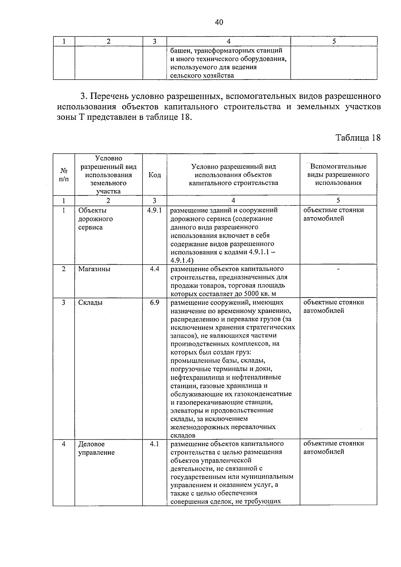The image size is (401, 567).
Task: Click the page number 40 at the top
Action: (x=219, y=22)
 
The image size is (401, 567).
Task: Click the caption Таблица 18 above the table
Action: (x=358, y=138)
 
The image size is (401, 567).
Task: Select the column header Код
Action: (x=154, y=175)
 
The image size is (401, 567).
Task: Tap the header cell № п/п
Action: (x=63, y=175)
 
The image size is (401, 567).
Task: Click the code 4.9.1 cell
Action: (x=154, y=210)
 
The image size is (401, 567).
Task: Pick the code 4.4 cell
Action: (x=154, y=269)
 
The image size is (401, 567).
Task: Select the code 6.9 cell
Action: (x=154, y=302)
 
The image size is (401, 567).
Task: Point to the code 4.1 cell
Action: (x=154, y=444)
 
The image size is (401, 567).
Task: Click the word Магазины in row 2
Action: (x=94, y=269)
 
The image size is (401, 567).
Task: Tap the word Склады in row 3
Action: (x=90, y=302)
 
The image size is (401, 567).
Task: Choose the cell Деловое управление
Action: (x=96, y=448)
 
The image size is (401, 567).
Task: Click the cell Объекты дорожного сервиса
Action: (x=95, y=219)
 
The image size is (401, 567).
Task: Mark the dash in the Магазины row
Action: (x=338, y=269)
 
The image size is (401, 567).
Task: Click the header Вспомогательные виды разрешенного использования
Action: (x=338, y=175)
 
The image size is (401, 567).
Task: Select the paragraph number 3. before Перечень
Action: (x=84, y=97)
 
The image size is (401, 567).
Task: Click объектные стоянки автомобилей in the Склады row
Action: (x=333, y=306)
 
